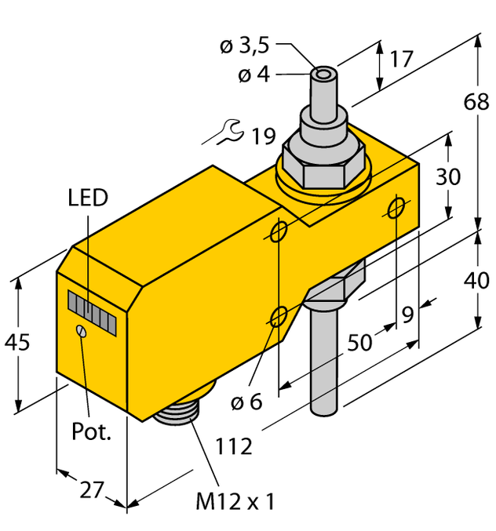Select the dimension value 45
(x=19, y=343)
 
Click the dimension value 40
(x=476, y=280)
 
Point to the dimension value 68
(x=476, y=102)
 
